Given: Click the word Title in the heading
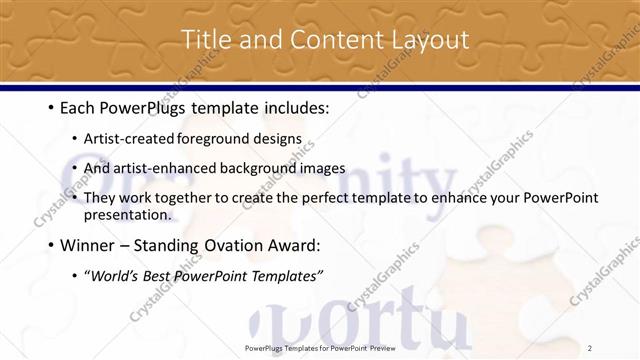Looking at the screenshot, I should tap(202, 40).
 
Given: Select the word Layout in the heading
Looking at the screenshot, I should tap(430, 40).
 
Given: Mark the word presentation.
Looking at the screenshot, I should tap(128, 214).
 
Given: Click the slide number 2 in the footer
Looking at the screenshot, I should tap(590, 347).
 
